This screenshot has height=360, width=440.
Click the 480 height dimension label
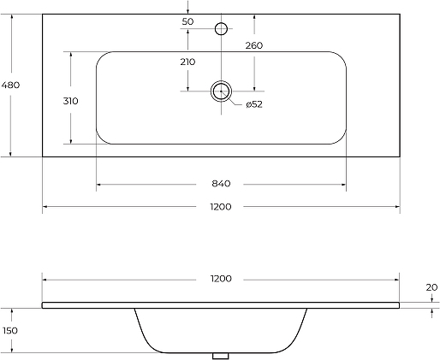coord(10,85)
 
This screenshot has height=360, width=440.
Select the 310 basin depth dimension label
coord(70,101)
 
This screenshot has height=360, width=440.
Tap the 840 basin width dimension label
coord(221,184)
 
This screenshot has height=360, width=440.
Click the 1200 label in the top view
coord(221,207)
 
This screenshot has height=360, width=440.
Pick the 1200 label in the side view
coord(221,279)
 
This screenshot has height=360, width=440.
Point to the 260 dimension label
coord(254,45)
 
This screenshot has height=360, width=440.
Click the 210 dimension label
coord(187,62)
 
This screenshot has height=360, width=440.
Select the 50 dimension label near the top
coord(187,21)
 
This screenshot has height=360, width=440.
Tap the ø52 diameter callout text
coord(254,104)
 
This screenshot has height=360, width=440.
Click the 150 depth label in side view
coord(10,331)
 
